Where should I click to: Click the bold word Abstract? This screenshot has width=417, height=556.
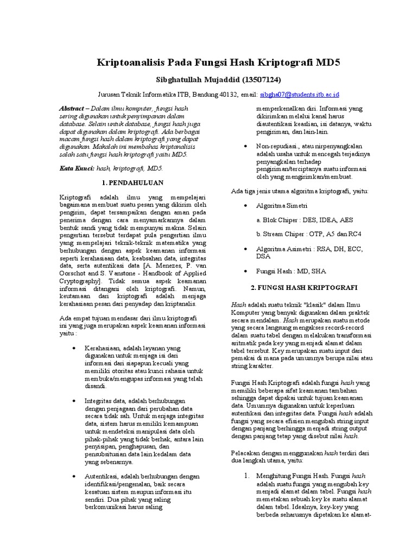(x=72, y=109)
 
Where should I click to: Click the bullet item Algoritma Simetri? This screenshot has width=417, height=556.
(x=282, y=206)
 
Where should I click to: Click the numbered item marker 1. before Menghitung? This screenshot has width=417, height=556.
(x=245, y=476)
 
